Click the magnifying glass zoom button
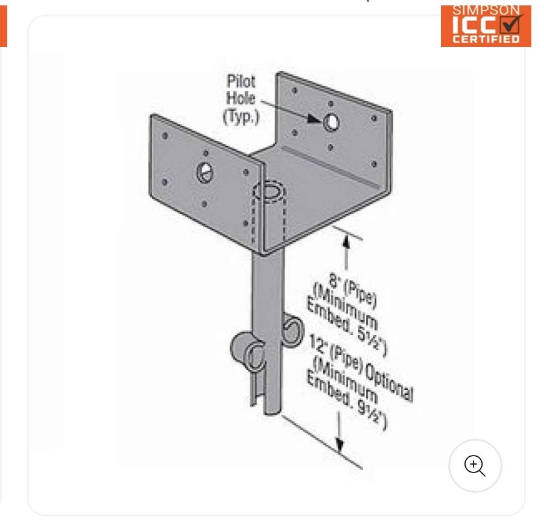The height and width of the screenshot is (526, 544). click(x=475, y=466)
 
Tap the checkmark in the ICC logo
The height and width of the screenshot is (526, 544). click(x=511, y=23)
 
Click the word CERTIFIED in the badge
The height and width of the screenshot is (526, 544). click(x=486, y=39)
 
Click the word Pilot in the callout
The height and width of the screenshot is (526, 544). click(x=241, y=81)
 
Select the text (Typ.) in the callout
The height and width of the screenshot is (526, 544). click(x=241, y=116)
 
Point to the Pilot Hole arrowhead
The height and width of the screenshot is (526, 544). click(x=314, y=119)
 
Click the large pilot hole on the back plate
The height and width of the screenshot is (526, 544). click(x=331, y=122)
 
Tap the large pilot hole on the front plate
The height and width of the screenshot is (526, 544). click(x=205, y=172)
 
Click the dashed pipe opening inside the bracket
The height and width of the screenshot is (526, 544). click(x=268, y=191)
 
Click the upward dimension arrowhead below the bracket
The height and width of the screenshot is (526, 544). click(x=346, y=241)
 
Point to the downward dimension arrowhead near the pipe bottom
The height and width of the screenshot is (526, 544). click(x=340, y=445)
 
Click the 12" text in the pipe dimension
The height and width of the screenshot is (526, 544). click(x=317, y=343)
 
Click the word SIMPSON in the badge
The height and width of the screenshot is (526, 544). click(x=486, y=10)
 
